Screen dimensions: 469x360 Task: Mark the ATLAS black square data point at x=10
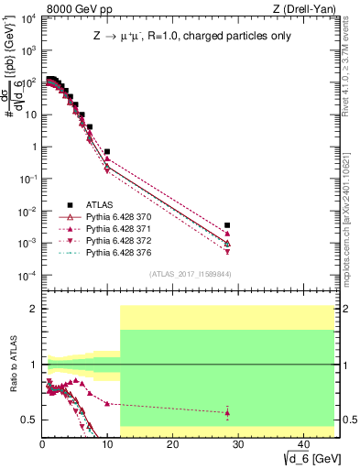pyautogui.click(x=107, y=152)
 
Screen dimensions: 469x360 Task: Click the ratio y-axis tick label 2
pyautogui.click(x=34, y=310)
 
